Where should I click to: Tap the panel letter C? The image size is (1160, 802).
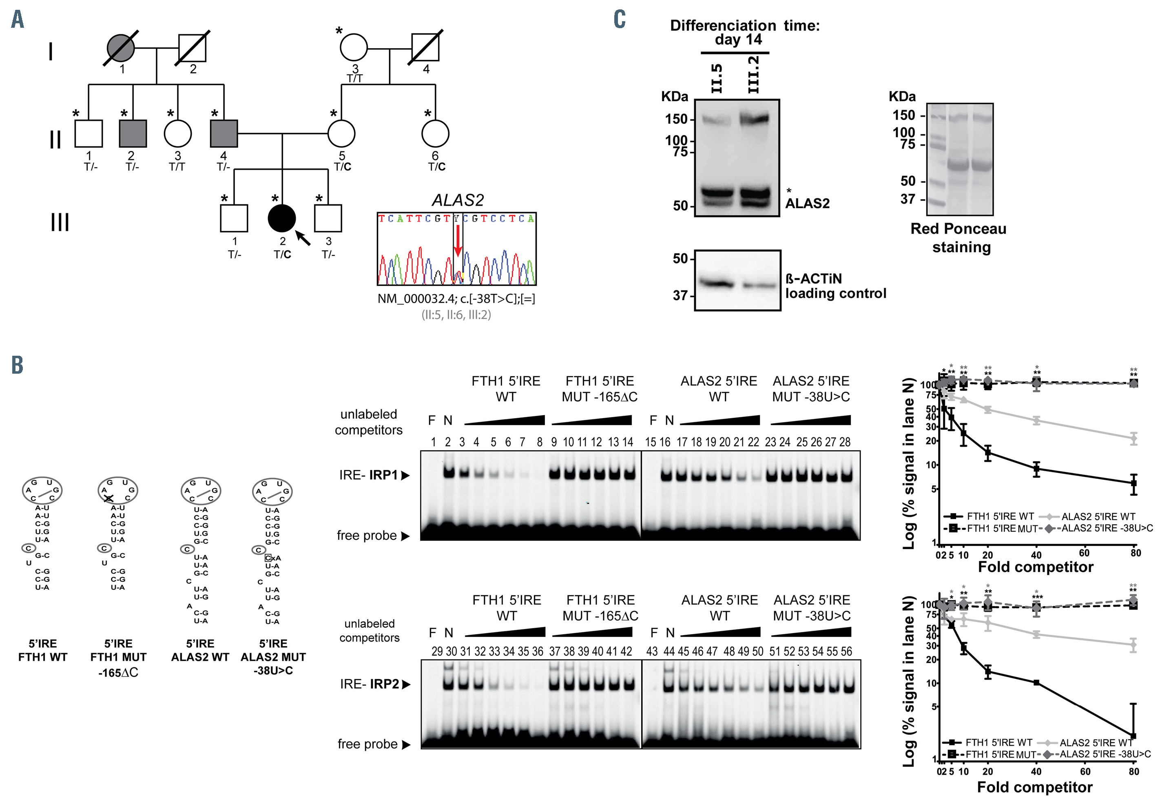[x=620, y=20]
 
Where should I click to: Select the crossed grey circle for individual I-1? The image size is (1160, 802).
[x=121, y=48]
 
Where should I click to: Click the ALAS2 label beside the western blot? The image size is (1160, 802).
[x=807, y=204]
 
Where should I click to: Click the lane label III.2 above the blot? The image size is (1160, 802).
[x=754, y=75]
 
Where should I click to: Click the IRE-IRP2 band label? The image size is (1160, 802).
[x=375, y=684]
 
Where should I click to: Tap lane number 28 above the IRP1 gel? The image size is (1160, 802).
[x=845, y=442]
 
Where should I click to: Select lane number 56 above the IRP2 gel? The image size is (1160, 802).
[x=846, y=652]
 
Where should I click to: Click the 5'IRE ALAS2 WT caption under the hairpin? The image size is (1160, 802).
[x=200, y=650]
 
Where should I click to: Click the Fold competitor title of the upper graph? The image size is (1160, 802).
[x=1036, y=567]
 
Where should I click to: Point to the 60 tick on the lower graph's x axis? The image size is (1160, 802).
[x=1085, y=771]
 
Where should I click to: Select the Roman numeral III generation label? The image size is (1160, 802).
[x=60, y=222]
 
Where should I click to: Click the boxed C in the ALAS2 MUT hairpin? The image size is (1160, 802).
[x=268, y=558]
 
